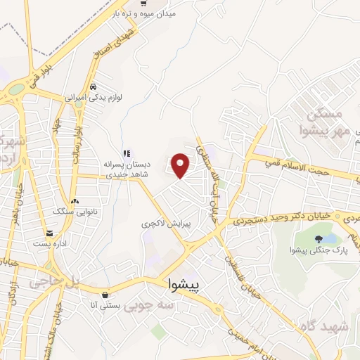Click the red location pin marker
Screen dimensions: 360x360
coord(181,165)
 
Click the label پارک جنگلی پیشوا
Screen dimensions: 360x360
coord(319,250)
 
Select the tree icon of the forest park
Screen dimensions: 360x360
coord(319,238)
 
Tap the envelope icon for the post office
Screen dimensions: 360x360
coord(49,233)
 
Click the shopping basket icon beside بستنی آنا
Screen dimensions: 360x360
coord(105,294)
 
